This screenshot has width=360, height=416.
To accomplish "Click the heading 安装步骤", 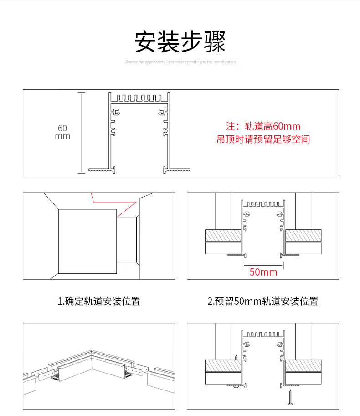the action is [x=180, y=42].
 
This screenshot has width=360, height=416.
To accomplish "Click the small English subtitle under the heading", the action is [x=180, y=62].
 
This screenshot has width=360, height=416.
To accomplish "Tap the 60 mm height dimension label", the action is [x=62, y=132].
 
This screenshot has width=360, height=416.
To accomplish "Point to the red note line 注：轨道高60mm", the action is [x=263, y=126].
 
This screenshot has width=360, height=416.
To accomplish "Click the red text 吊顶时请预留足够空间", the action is [x=263, y=140].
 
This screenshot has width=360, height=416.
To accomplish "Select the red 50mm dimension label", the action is [x=263, y=272].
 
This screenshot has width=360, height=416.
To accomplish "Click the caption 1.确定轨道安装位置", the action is [x=99, y=301].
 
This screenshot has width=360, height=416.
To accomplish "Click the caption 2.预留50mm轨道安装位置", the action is [x=262, y=301].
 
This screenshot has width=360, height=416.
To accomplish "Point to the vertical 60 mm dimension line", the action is [x=82, y=132].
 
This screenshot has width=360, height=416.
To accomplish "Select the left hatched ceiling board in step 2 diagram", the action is [x=223, y=235].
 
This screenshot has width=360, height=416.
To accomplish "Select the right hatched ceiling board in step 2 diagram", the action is [x=303, y=235].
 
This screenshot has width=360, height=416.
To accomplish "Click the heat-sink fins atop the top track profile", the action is [x=139, y=98].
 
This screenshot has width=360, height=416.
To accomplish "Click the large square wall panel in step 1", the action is [x=87, y=241].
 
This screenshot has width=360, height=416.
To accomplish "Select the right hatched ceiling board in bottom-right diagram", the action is [x=303, y=366].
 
